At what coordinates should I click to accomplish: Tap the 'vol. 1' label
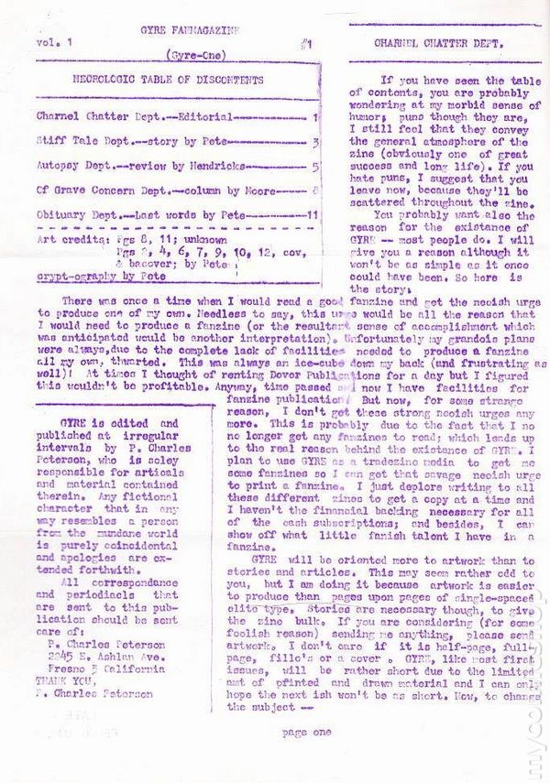click(52, 43)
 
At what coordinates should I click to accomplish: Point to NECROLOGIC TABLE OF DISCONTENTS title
click(168, 81)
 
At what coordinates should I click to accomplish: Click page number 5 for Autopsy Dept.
click(314, 167)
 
